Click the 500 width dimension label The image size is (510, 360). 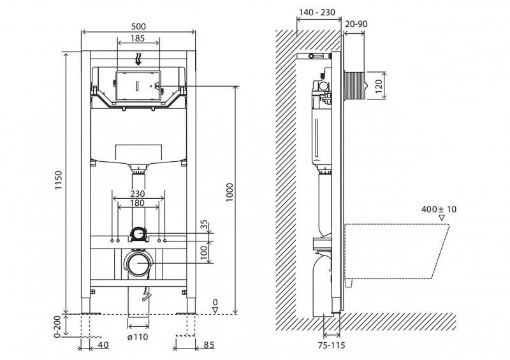click(x=138, y=26)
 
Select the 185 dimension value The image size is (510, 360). click(x=138, y=39)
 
